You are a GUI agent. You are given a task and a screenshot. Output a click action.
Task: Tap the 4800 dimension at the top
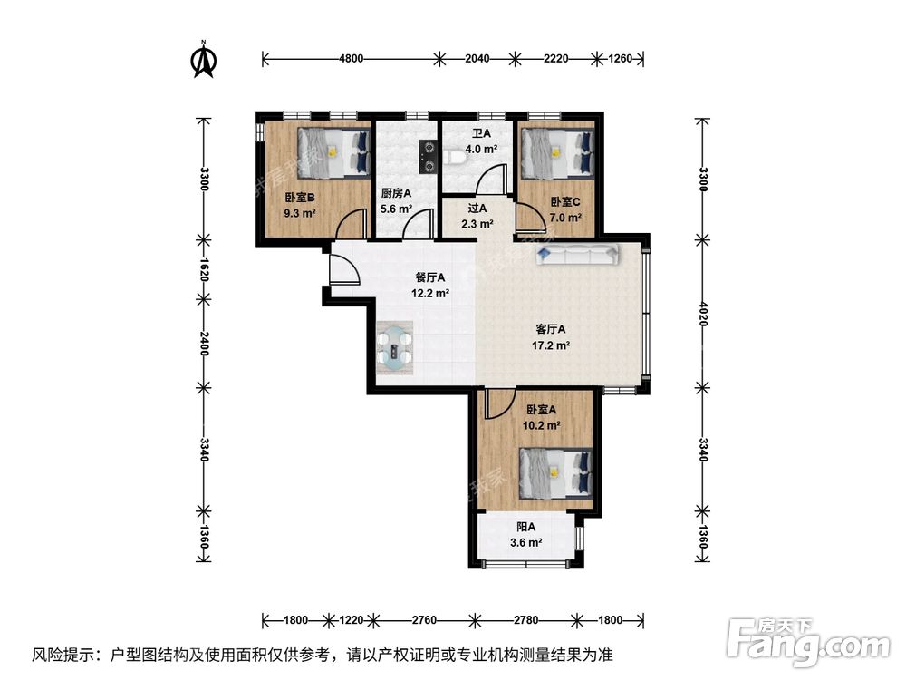click(352, 59)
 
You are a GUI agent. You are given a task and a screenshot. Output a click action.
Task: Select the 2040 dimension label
click(477, 59)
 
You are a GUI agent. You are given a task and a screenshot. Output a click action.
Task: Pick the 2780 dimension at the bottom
click(526, 621)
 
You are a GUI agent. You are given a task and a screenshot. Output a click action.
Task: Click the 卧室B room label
click(300, 198)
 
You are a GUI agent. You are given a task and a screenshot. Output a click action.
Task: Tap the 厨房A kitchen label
click(396, 193)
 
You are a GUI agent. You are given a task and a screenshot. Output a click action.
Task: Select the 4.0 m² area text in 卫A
click(480, 149)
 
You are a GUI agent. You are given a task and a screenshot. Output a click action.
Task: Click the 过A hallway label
click(477, 208)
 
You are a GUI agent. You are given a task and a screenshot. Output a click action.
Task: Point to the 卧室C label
click(564, 202)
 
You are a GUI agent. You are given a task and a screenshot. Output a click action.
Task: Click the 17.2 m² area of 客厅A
click(550, 345)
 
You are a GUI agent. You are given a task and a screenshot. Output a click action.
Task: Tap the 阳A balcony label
click(525, 527)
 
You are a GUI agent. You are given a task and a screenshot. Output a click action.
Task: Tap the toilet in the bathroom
click(458, 160)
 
